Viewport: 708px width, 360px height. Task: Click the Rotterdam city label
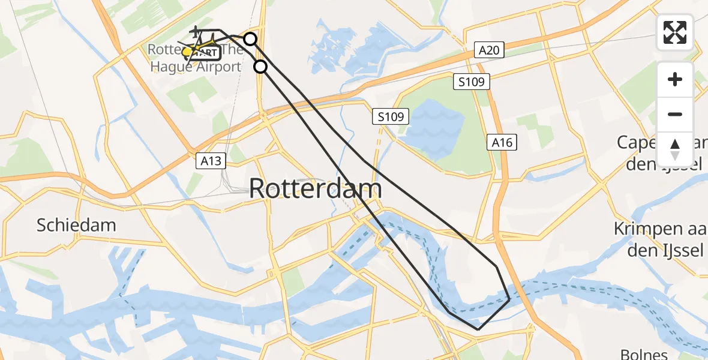[x=315, y=188]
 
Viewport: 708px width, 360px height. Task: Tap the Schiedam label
[x=76, y=226]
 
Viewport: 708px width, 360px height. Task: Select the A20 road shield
[x=489, y=50]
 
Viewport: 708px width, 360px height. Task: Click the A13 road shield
[x=212, y=160]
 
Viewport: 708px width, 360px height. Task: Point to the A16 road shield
[x=502, y=142]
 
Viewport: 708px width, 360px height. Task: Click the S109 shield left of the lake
[x=393, y=116]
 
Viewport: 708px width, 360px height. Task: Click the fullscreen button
[x=675, y=32]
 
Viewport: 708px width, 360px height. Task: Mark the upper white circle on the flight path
[x=250, y=40]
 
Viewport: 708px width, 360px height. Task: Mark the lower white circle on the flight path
[x=260, y=67]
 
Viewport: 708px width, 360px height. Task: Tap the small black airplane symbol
[x=195, y=31]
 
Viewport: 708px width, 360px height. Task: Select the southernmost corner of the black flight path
[x=478, y=329]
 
